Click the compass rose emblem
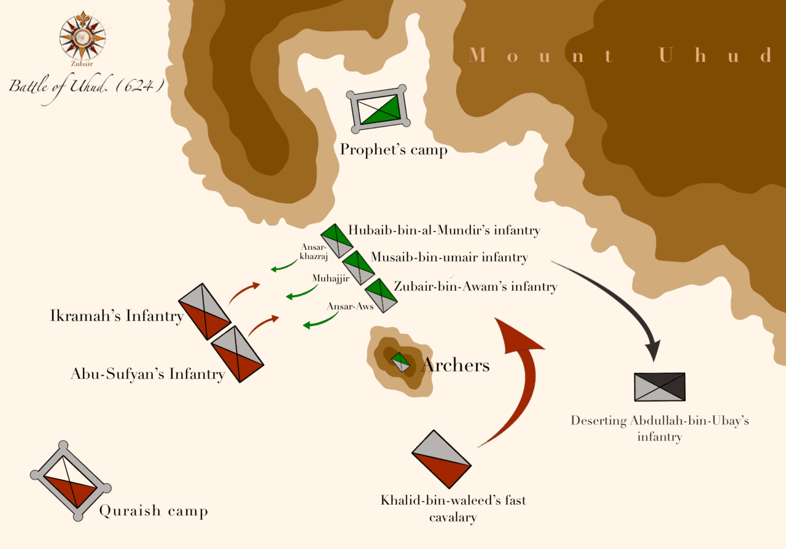82,34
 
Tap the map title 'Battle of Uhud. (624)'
87,85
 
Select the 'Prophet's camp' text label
394,149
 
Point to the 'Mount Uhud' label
620,56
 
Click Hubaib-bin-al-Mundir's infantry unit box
337,241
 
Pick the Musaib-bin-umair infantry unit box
358,267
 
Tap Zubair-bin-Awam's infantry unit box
381,295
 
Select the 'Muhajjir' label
330,278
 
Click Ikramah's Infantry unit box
204,311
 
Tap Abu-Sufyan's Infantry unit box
237,354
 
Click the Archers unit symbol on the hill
400,362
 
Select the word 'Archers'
455,365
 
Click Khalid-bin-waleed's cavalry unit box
441,459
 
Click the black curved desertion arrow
620,301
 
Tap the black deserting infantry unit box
660,387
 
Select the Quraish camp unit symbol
71,481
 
